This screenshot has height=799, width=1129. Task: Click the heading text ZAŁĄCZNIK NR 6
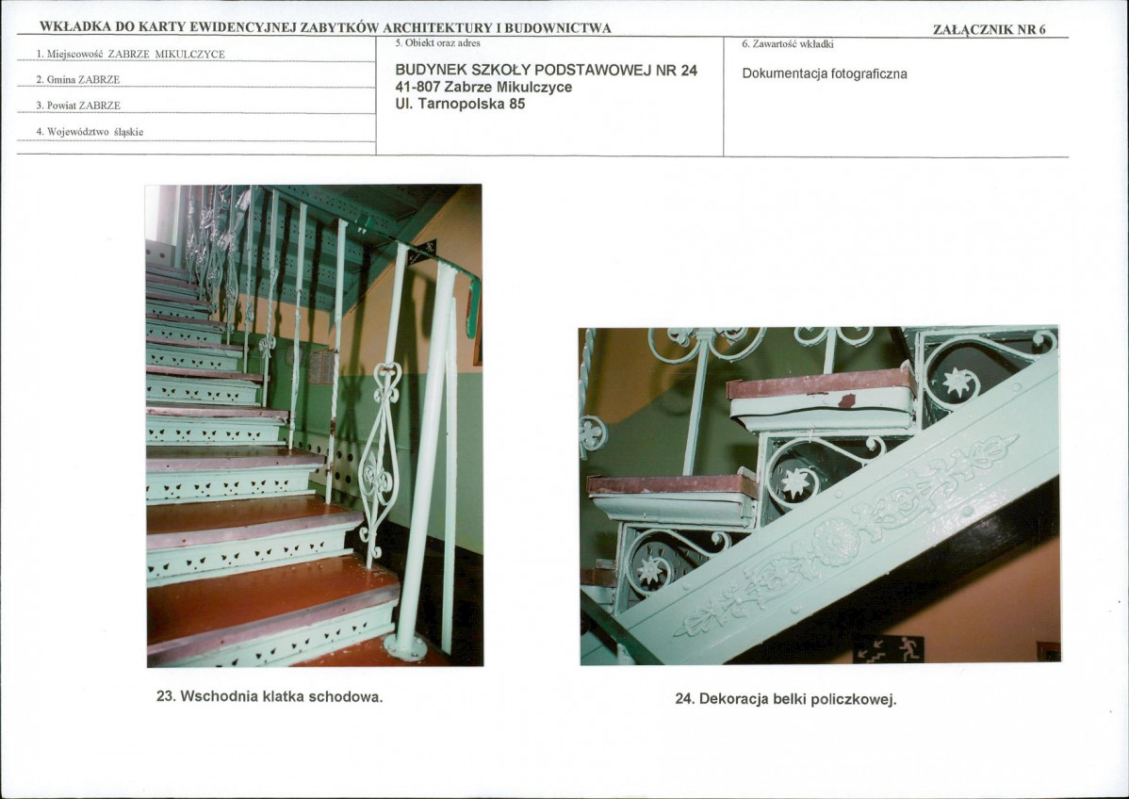989,29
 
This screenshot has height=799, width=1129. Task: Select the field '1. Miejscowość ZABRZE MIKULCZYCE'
130,54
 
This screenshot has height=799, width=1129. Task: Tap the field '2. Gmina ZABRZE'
78,80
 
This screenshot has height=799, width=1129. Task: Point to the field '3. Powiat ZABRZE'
78,106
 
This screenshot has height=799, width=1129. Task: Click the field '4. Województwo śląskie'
90,132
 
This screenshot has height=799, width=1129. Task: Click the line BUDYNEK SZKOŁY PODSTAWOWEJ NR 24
547,71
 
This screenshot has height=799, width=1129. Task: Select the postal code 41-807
417,87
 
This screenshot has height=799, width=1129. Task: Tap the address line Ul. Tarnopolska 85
460,104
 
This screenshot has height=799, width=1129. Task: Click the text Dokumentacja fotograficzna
825,74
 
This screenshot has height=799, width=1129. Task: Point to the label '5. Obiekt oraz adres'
438,43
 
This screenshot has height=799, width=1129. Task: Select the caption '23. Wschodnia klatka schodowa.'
270,697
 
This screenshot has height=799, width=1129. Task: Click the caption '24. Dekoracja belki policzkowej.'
786,699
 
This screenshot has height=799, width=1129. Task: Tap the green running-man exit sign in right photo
889,649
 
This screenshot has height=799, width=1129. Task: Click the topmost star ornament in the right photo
957,381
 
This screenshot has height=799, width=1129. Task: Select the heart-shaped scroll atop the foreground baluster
386,382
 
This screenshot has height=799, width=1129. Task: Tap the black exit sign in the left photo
422,252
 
